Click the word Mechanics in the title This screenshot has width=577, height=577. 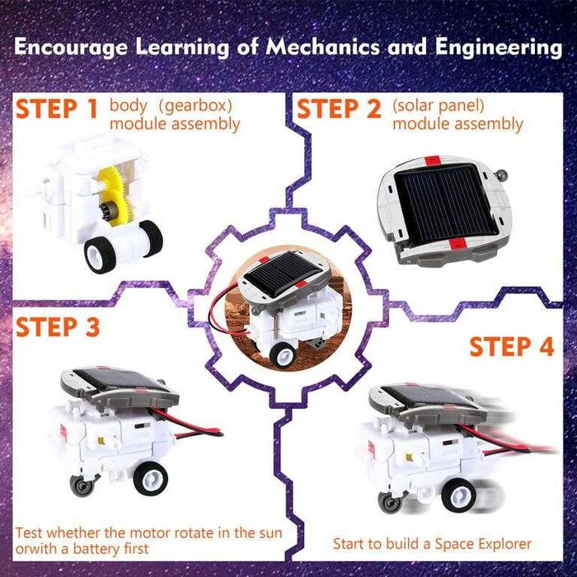pos(322,48)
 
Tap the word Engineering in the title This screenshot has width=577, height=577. pos(499,49)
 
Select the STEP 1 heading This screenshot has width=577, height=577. pos(57,109)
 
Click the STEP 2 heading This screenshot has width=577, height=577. pos(339,109)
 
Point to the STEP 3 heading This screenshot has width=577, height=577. pos(58,327)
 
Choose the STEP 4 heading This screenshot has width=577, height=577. pos(512,346)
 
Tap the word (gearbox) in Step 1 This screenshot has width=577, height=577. pos(195,106)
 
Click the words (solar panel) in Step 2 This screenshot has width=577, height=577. pos(439,106)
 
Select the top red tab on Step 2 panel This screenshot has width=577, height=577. pos(433,161)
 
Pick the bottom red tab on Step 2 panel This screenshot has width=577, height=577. pos(457,243)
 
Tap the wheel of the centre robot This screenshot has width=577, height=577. pos(282,354)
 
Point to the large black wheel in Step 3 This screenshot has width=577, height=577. pos(151,479)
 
